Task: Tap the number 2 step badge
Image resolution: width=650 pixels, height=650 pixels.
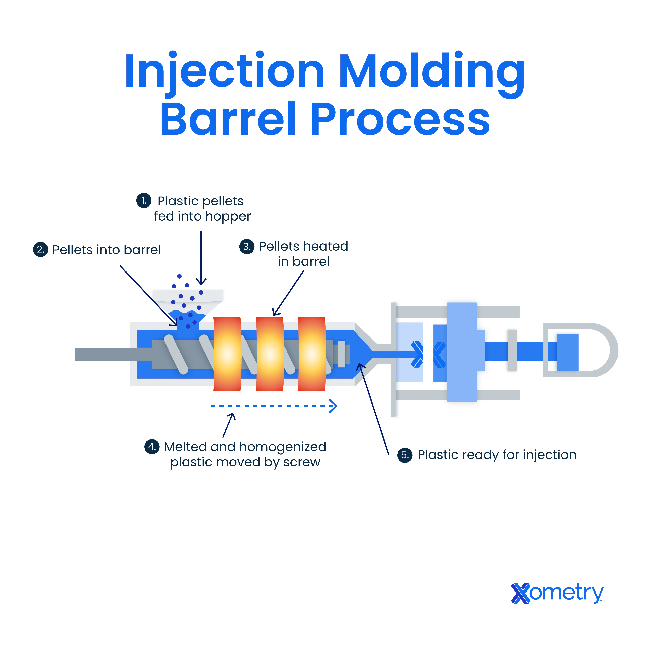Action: (40, 250)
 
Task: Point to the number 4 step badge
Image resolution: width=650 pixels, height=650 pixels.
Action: (152, 447)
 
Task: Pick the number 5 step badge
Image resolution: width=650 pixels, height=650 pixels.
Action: (405, 455)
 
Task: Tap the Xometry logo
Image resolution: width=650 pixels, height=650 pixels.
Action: (557, 593)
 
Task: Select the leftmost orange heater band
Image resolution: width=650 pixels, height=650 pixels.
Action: (227, 354)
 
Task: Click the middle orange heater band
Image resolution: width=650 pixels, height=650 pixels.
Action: (270, 354)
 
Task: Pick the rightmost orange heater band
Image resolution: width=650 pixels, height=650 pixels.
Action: (311, 354)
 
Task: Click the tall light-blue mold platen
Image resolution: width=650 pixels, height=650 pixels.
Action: (462, 352)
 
